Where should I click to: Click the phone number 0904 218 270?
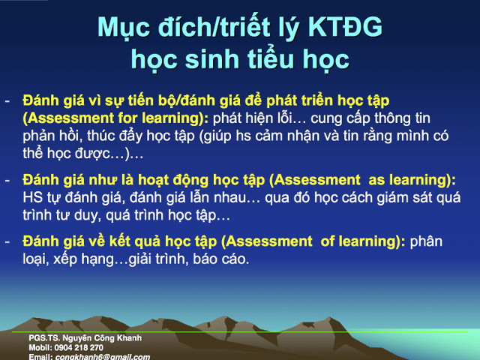(76, 347)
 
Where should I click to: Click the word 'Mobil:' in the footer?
(40, 347)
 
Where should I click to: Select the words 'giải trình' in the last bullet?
(158, 259)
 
